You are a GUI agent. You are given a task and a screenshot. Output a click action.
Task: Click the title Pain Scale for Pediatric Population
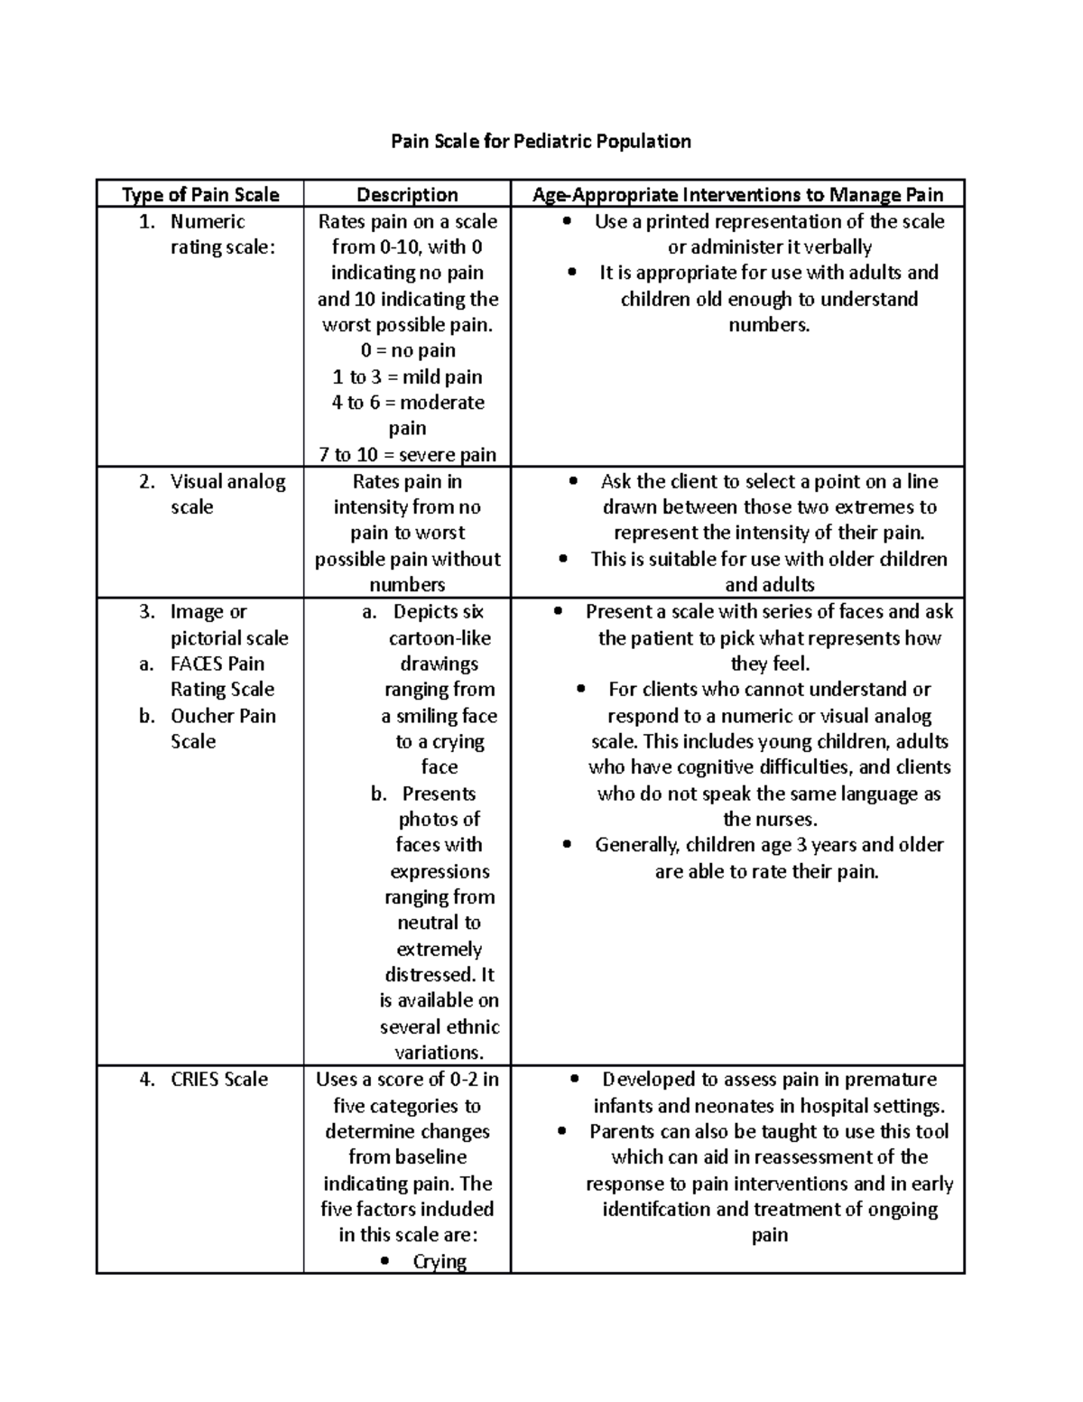click(x=540, y=141)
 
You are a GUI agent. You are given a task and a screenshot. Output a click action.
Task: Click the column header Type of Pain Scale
click(x=200, y=195)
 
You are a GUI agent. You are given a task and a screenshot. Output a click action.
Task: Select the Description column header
click(x=407, y=195)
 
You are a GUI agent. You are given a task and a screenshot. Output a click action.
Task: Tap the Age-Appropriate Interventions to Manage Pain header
click(x=737, y=195)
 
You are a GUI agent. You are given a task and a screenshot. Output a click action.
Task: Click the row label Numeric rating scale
click(x=208, y=234)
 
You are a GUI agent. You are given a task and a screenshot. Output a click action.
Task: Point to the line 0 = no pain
click(x=407, y=350)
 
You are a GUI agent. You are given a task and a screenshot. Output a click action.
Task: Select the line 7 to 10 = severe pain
click(x=407, y=454)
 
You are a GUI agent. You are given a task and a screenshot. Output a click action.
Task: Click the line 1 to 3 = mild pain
click(x=407, y=376)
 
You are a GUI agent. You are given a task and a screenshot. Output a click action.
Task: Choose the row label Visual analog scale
click(x=227, y=494)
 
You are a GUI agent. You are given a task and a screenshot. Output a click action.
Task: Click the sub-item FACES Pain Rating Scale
click(x=222, y=676)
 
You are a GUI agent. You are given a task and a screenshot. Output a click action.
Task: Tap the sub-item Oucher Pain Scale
click(x=222, y=729)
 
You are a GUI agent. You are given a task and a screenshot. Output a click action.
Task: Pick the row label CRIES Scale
click(x=219, y=1080)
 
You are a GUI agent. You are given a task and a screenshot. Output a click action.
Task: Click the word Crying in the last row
click(x=440, y=1261)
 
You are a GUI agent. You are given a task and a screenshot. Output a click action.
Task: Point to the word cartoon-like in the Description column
click(x=440, y=638)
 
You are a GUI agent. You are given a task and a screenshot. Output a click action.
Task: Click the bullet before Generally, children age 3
click(x=567, y=846)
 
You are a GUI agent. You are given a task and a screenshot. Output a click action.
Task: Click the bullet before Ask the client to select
click(x=573, y=482)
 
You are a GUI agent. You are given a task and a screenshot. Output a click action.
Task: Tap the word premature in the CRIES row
click(x=891, y=1080)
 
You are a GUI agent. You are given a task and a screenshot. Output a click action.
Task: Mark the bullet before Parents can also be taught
click(x=562, y=1132)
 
